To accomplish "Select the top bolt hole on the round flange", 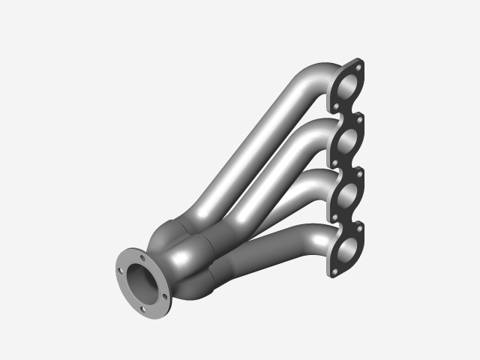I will pyautogui.click(x=142, y=257).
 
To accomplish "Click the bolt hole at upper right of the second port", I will pyautogui.click(x=360, y=120).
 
